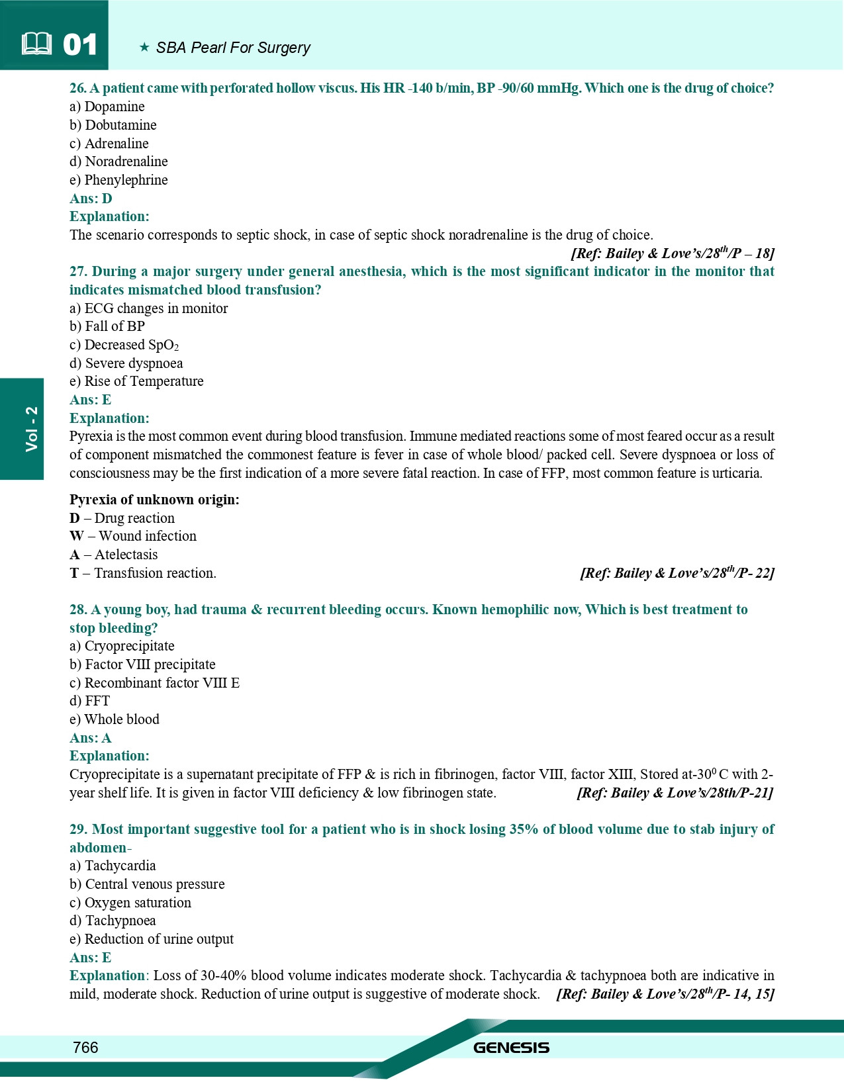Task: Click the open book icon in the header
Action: [x=36, y=44]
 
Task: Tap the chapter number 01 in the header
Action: [x=80, y=45]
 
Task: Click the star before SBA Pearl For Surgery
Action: [x=144, y=48]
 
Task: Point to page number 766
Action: [x=85, y=1047]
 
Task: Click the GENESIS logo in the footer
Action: [x=511, y=1048]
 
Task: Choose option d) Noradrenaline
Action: [x=118, y=161]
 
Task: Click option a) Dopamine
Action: [x=107, y=107]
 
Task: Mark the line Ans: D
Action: [x=91, y=199]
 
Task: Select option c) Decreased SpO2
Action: [x=124, y=345]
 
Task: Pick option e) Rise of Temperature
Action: [x=136, y=381]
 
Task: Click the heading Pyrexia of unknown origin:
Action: [x=154, y=500]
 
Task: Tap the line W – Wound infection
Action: [x=133, y=536]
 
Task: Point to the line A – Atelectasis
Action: [x=114, y=555]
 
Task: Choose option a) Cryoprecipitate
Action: [x=122, y=646]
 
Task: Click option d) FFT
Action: [x=89, y=701]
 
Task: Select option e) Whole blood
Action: [x=115, y=719]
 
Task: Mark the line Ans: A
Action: [x=91, y=738]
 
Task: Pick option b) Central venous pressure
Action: [x=147, y=884]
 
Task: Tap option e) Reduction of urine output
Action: [x=152, y=939]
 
